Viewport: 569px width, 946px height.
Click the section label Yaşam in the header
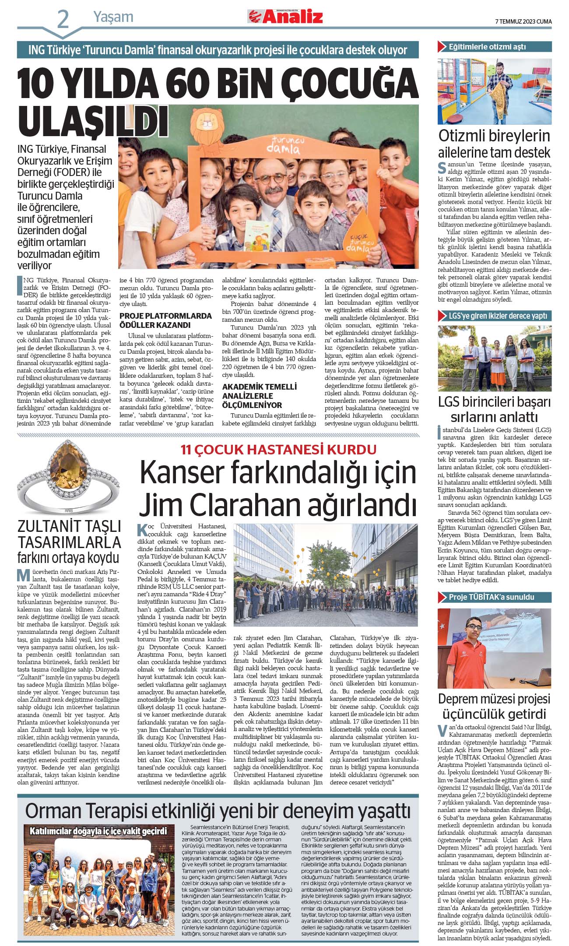click(113, 17)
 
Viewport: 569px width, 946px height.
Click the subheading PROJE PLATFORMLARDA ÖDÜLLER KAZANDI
click(165, 320)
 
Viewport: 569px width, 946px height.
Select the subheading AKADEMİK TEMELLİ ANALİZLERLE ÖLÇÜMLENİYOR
click(259, 396)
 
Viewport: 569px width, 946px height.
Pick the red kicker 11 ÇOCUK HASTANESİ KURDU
click(279, 450)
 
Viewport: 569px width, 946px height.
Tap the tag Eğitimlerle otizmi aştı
click(487, 46)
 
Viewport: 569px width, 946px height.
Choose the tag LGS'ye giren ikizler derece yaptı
click(498, 316)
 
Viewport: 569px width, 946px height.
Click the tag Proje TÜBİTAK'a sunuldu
click(491, 597)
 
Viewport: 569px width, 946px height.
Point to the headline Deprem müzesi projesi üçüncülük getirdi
click(494, 706)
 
